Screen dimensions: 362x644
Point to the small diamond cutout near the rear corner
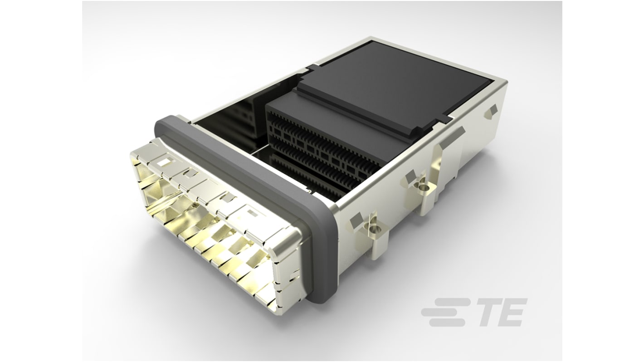tap(492, 110)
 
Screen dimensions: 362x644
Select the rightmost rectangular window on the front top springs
tap(251, 211)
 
